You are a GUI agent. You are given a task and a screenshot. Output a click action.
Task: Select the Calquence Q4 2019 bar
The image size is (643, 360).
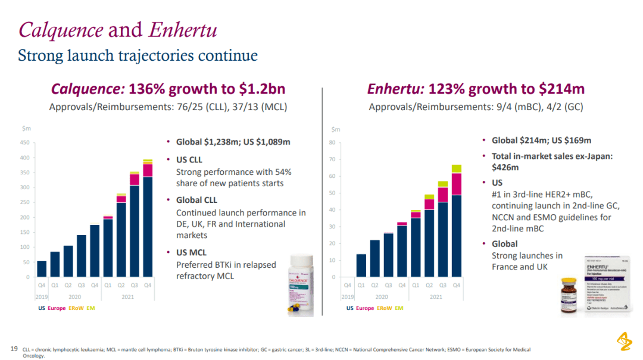coord(42,269)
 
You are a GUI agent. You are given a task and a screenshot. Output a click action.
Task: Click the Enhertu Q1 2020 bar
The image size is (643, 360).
coord(361,265)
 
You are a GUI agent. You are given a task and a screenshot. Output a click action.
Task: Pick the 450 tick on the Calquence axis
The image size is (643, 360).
coord(25,143)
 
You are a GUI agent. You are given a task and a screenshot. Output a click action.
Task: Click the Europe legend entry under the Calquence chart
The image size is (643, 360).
coord(57,308)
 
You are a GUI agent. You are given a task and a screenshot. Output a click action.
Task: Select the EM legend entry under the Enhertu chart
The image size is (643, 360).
coord(399,308)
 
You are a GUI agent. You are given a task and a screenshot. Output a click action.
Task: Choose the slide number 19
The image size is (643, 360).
coord(14,349)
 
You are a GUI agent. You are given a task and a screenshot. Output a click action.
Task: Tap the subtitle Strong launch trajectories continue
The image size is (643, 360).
coord(138,56)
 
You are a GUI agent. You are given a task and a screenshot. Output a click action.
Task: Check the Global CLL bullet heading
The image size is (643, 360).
coord(197,200)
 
